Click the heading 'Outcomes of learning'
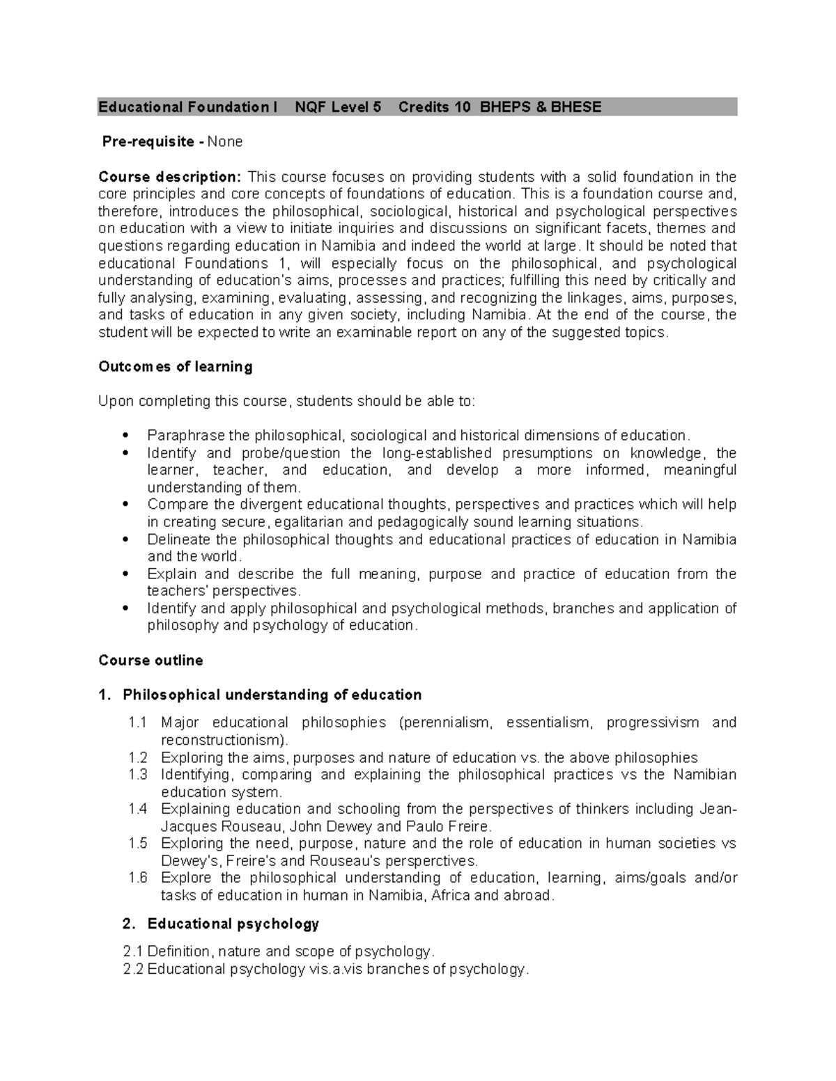175,367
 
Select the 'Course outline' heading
150,661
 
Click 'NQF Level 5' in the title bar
338,107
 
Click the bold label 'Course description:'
169,177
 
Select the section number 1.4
138,810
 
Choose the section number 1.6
138,878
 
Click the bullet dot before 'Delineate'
125,540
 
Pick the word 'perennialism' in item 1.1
446,723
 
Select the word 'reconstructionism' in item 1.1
222,740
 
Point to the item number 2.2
132,969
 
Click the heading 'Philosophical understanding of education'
272,695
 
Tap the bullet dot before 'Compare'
125,505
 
